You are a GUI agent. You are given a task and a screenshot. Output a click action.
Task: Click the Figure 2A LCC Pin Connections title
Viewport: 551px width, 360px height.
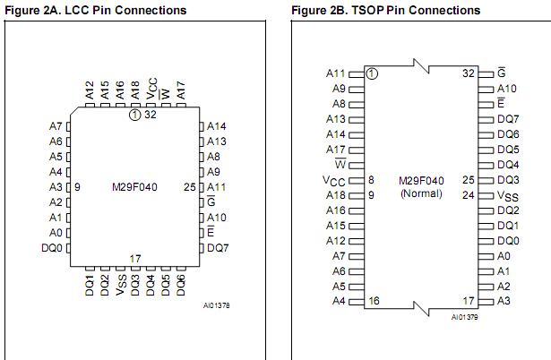click(x=97, y=10)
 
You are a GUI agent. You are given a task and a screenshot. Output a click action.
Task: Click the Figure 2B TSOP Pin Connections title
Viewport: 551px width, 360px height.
click(x=385, y=10)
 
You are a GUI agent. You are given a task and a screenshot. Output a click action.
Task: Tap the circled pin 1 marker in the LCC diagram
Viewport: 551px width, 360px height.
click(x=135, y=114)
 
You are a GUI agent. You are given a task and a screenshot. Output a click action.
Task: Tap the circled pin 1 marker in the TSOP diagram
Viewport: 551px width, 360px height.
click(x=372, y=73)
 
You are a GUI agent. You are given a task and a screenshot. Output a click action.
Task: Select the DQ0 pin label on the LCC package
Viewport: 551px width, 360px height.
click(x=52, y=248)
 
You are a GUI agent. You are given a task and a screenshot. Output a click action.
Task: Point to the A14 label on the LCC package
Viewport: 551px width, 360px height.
click(x=217, y=126)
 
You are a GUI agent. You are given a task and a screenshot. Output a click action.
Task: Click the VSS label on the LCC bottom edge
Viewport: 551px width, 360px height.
click(x=120, y=287)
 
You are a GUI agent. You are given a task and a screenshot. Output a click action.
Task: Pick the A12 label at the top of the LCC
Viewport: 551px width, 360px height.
click(x=90, y=90)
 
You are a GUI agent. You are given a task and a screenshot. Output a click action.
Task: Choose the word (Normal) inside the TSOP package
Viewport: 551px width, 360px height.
click(x=420, y=193)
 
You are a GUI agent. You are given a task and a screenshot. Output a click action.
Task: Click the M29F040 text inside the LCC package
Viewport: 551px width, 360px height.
click(x=135, y=186)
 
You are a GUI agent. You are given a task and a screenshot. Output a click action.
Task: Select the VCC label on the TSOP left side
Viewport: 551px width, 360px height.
click(x=333, y=180)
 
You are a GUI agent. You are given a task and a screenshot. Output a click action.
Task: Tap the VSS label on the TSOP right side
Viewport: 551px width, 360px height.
click(x=507, y=195)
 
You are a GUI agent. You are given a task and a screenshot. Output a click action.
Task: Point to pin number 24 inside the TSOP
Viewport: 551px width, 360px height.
click(x=468, y=194)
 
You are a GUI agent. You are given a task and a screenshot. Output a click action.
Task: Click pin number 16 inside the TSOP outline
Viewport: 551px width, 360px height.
click(x=374, y=301)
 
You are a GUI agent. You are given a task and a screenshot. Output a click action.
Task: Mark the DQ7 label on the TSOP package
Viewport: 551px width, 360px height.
click(x=508, y=119)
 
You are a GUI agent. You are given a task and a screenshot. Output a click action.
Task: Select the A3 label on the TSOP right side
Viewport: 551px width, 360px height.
click(x=503, y=301)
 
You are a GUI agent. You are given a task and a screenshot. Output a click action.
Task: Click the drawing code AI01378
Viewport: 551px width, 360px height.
click(x=216, y=305)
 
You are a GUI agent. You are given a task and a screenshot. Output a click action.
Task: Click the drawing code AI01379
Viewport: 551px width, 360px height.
click(x=465, y=316)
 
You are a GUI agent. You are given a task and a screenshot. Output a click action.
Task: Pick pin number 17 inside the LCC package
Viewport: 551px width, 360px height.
click(x=135, y=259)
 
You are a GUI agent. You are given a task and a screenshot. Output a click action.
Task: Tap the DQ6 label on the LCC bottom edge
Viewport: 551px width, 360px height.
click(x=181, y=287)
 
